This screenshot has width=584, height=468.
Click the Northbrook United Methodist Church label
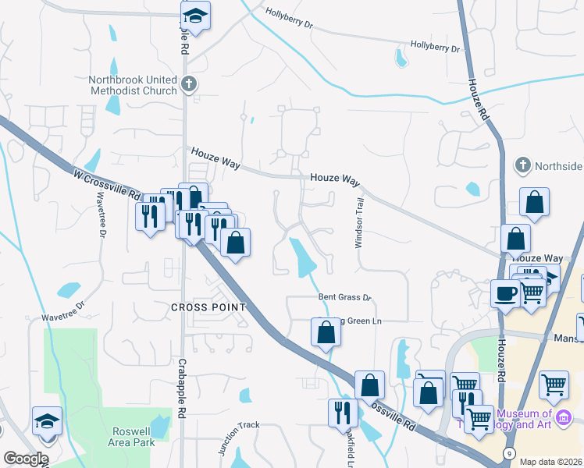point(133,85)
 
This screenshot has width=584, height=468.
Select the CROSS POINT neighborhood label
point(208,307)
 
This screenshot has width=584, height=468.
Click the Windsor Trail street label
point(360,222)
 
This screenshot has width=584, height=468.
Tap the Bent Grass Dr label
point(344,297)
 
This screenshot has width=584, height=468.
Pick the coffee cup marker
point(505,293)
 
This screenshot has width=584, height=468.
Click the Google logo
point(26,459)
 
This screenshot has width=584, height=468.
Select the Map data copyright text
point(551,462)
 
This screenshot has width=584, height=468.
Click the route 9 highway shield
point(509,453)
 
